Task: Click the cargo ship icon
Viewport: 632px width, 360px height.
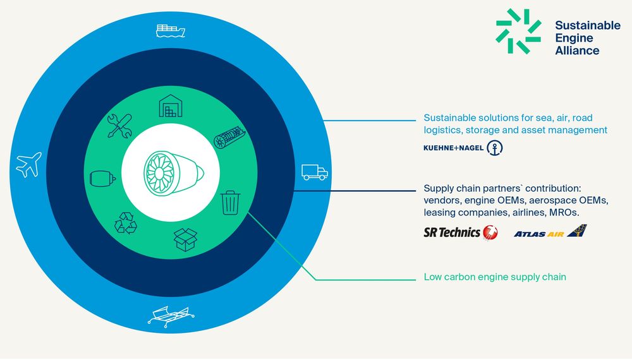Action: tap(171, 30)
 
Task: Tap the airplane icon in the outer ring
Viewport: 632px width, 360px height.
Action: tap(28, 164)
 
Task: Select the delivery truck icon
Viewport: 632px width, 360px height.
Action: tap(315, 172)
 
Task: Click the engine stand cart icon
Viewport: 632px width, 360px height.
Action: tap(171, 316)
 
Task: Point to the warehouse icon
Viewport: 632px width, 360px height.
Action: tap(171, 106)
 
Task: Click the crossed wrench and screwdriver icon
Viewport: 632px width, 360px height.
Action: tap(119, 126)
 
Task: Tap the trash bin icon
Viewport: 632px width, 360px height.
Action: tap(231, 203)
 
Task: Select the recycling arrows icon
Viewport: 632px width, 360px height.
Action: tap(126, 223)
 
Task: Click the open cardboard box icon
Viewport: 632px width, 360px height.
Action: tap(185, 239)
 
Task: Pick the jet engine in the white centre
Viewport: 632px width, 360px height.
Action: tap(174, 174)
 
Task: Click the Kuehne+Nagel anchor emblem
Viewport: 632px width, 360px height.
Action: tap(495, 148)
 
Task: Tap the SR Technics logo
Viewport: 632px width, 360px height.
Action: tap(461, 232)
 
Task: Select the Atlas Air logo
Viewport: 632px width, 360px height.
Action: tap(550, 231)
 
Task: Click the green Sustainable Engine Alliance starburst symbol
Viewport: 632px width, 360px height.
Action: tap(518, 32)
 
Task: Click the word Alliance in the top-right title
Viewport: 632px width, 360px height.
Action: tap(577, 51)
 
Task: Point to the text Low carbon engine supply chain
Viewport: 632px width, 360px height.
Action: tap(495, 277)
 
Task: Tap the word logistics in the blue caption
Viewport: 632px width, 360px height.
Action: tap(443, 131)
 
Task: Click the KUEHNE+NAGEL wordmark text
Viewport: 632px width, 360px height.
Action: tap(453, 148)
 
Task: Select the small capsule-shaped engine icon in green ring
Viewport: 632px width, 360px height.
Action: tap(103, 178)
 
